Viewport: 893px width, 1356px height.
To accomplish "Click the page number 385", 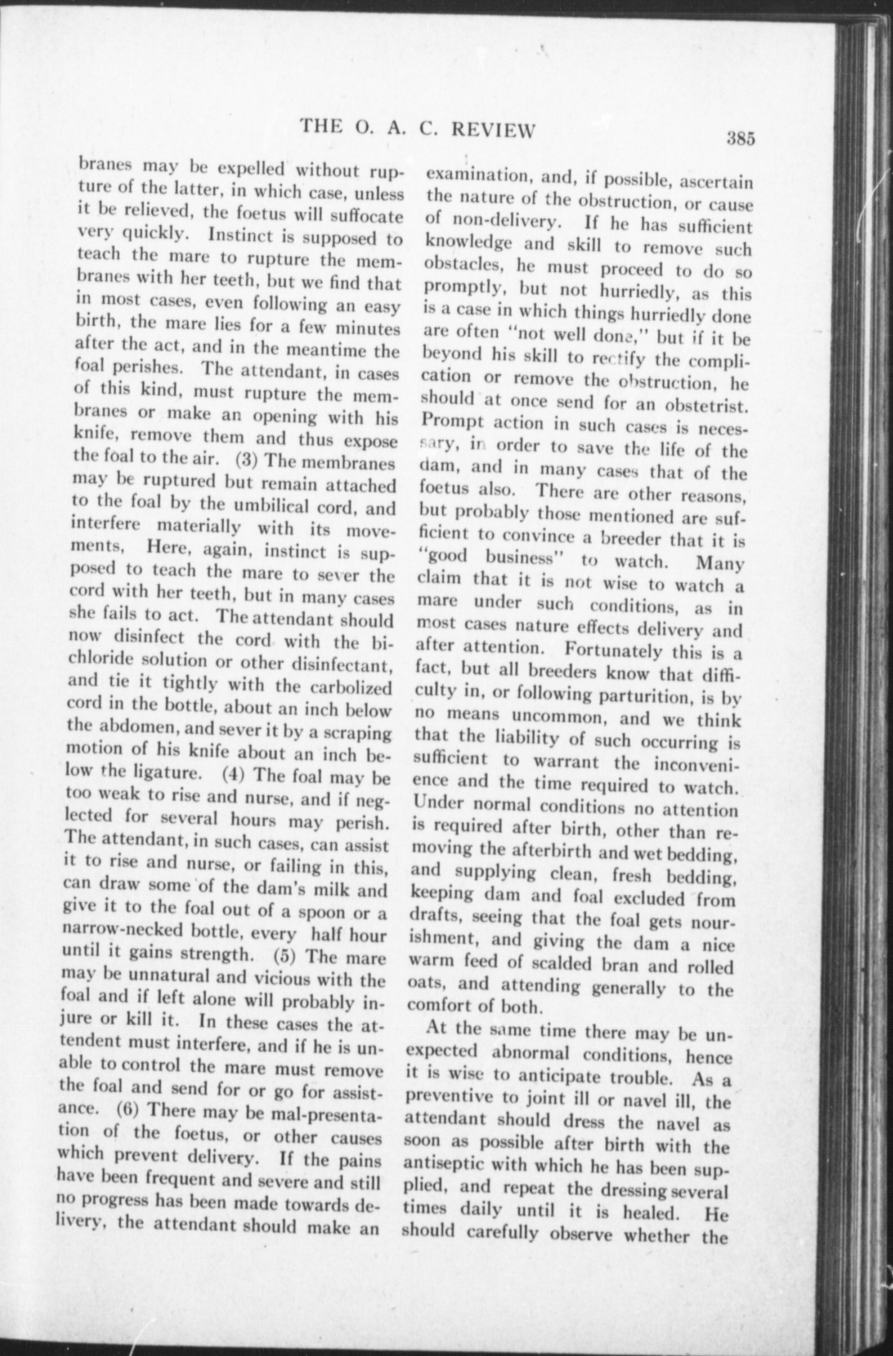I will point(740,138).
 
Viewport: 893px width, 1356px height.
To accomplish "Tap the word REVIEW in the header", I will point(493,129).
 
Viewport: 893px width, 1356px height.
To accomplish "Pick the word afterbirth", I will point(580,852).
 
